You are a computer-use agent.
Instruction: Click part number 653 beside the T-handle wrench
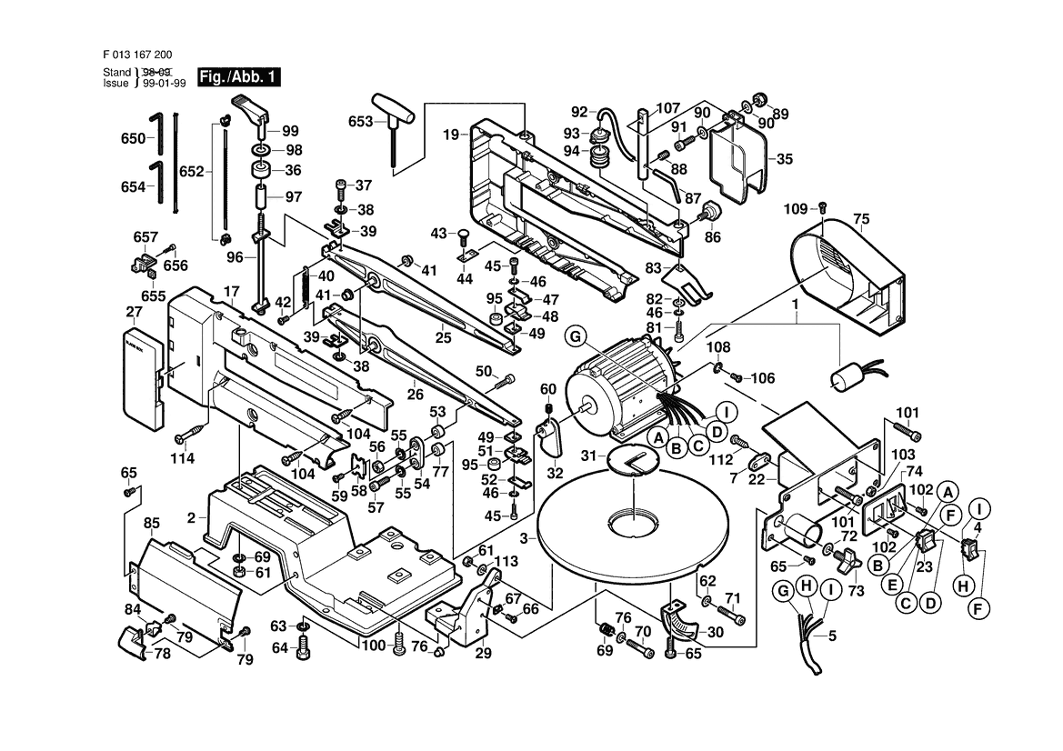pos(362,122)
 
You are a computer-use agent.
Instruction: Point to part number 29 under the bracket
pos(482,653)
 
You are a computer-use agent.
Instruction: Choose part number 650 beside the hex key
pos(134,138)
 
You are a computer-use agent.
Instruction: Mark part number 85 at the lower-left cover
pos(151,523)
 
